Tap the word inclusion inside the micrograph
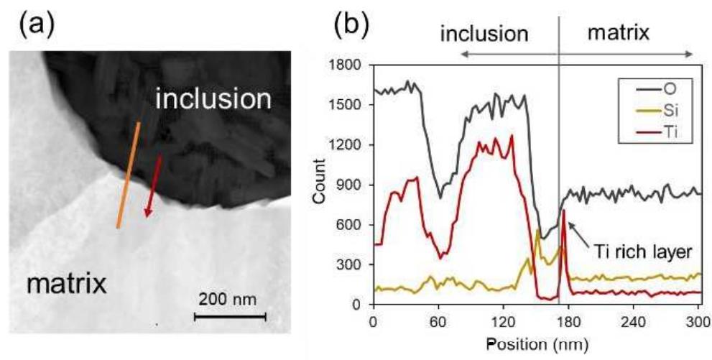point(213,98)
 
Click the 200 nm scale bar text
point(230,297)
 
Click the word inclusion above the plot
point(484,34)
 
